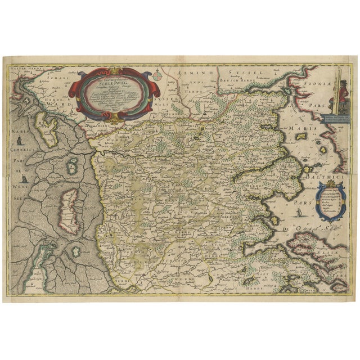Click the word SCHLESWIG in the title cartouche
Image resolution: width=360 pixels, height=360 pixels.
point(114,79)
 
